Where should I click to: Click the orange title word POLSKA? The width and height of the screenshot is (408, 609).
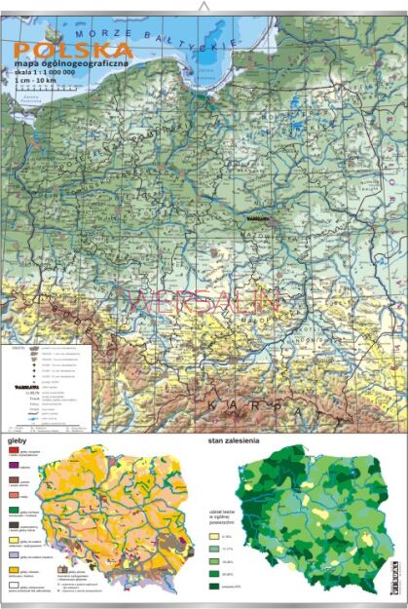73,50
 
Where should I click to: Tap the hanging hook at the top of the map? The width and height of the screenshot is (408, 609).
204,7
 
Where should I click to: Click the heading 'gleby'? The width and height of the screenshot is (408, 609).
17,438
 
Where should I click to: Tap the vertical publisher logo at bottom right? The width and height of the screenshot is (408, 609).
395,575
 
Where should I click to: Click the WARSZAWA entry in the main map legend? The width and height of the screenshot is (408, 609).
20,386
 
